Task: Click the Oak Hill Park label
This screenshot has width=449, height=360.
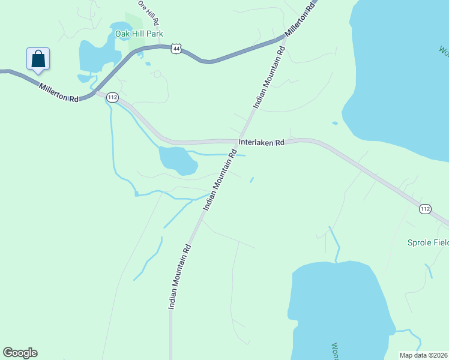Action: tap(139, 34)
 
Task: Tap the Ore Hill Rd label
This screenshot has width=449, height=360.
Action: tap(148, 12)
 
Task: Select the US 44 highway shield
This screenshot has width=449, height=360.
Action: tap(175, 47)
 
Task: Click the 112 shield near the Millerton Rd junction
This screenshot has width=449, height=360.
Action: tap(112, 97)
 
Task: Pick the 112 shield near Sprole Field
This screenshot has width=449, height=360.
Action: tap(425, 209)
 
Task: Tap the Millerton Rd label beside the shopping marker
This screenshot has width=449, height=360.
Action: tap(59, 92)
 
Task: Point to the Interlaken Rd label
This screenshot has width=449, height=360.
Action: tap(261, 143)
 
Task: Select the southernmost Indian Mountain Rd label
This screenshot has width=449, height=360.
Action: tap(179, 276)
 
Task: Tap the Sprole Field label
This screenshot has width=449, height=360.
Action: tap(428, 243)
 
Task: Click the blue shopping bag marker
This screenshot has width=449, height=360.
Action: tap(38, 59)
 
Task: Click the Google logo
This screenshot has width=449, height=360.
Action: tap(20, 353)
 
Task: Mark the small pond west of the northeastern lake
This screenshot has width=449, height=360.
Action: tap(334, 124)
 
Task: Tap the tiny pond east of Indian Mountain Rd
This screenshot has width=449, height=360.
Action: tap(252, 179)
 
